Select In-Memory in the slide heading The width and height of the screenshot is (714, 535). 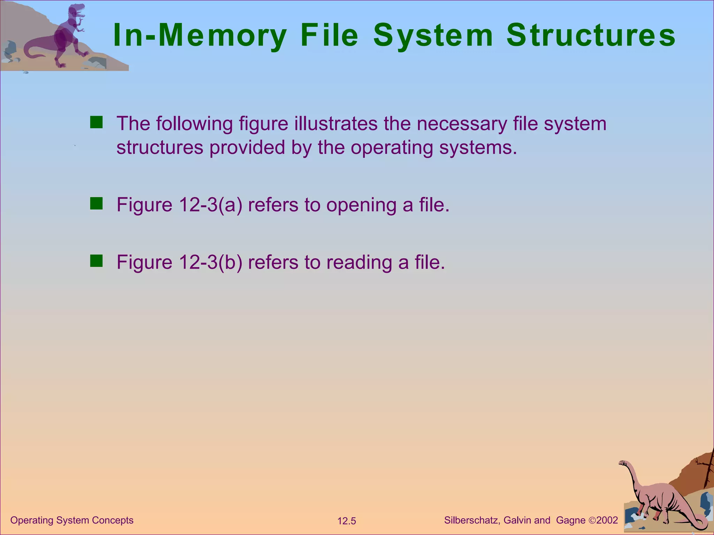pyautogui.click(x=200, y=35)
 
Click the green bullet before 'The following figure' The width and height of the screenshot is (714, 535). pyautogui.click(x=96, y=123)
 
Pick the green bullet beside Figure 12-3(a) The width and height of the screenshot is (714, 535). pyautogui.click(x=96, y=204)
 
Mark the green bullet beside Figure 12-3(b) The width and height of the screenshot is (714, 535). pyautogui.click(x=96, y=261)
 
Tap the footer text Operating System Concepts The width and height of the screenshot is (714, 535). pyautogui.click(x=72, y=520)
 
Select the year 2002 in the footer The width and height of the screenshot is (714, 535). pyautogui.click(x=607, y=520)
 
